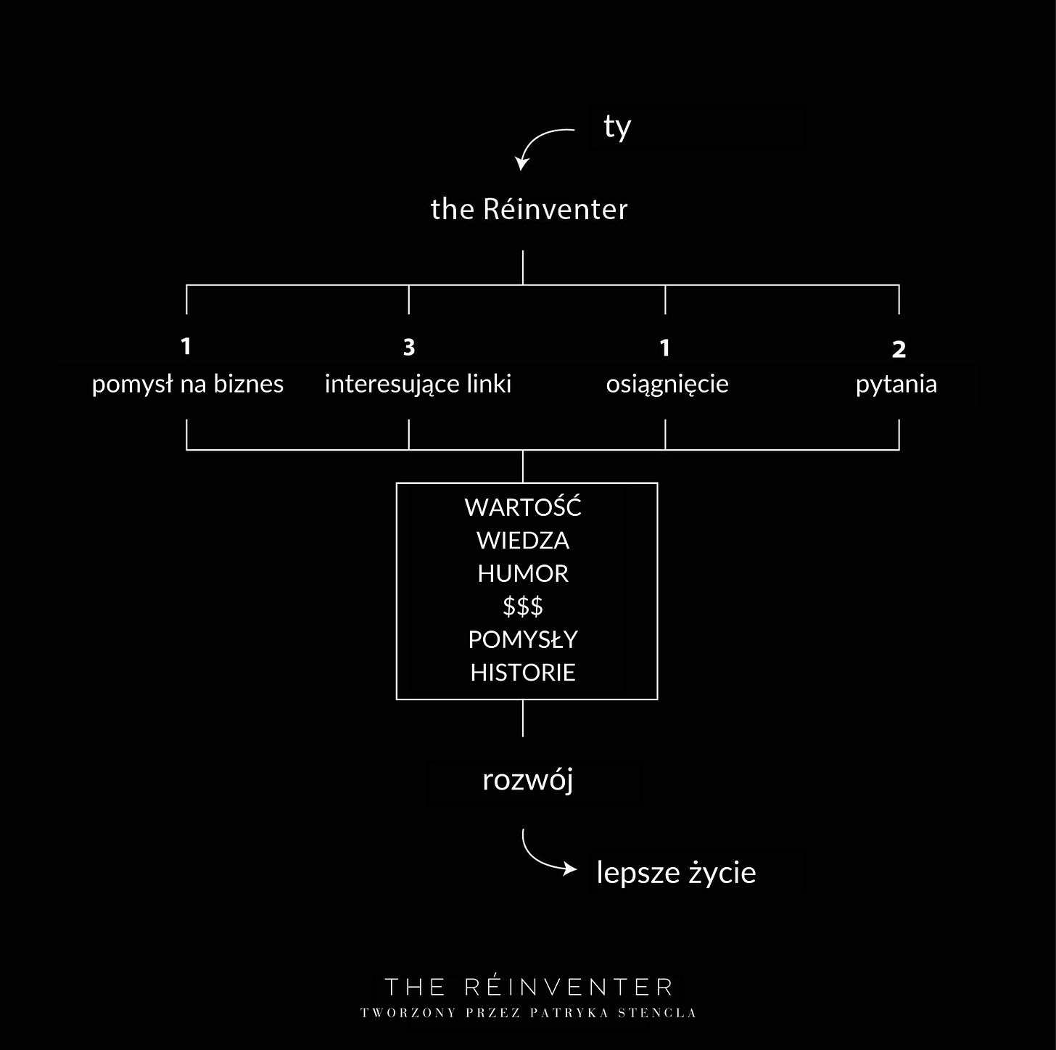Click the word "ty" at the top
[x=617, y=128]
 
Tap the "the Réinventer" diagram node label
[x=529, y=209]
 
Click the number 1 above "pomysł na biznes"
[x=186, y=346]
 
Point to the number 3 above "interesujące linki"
[x=409, y=348]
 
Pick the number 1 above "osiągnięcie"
[x=665, y=348]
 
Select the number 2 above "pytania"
[x=899, y=350]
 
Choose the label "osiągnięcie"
[x=667, y=385]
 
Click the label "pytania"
[x=896, y=385]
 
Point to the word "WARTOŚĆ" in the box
[x=523, y=507]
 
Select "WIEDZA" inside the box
[x=523, y=541]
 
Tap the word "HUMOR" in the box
[x=523, y=574]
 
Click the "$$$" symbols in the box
[x=523, y=607]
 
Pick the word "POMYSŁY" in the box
[x=523, y=640]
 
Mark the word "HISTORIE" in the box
[x=523, y=673]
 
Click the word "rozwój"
[x=528, y=781]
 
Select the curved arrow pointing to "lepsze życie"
[x=544, y=856]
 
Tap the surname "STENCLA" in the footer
[x=657, y=1013]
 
